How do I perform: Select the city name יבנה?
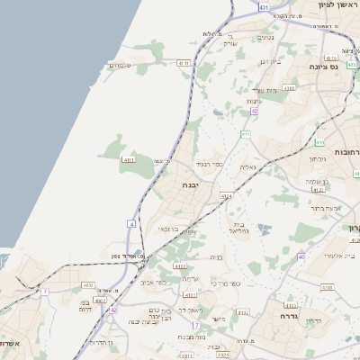190,184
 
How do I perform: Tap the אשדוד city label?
9,343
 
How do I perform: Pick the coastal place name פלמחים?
119,65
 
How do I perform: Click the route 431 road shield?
262,7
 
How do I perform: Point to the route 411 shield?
245,134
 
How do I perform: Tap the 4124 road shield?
225,194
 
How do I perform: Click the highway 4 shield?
132,222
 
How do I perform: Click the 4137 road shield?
181,266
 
